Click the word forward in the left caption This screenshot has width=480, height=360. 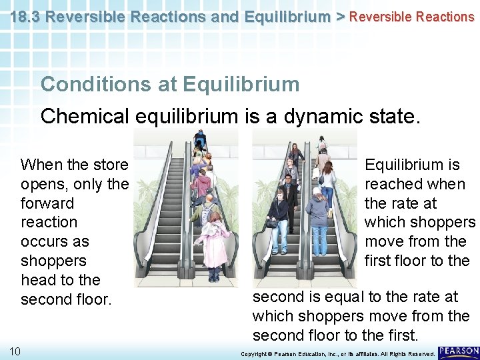point(47,203)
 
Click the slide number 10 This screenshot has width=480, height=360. point(15,351)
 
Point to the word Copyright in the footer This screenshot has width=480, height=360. point(253,353)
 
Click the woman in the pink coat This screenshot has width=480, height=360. point(213,243)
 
